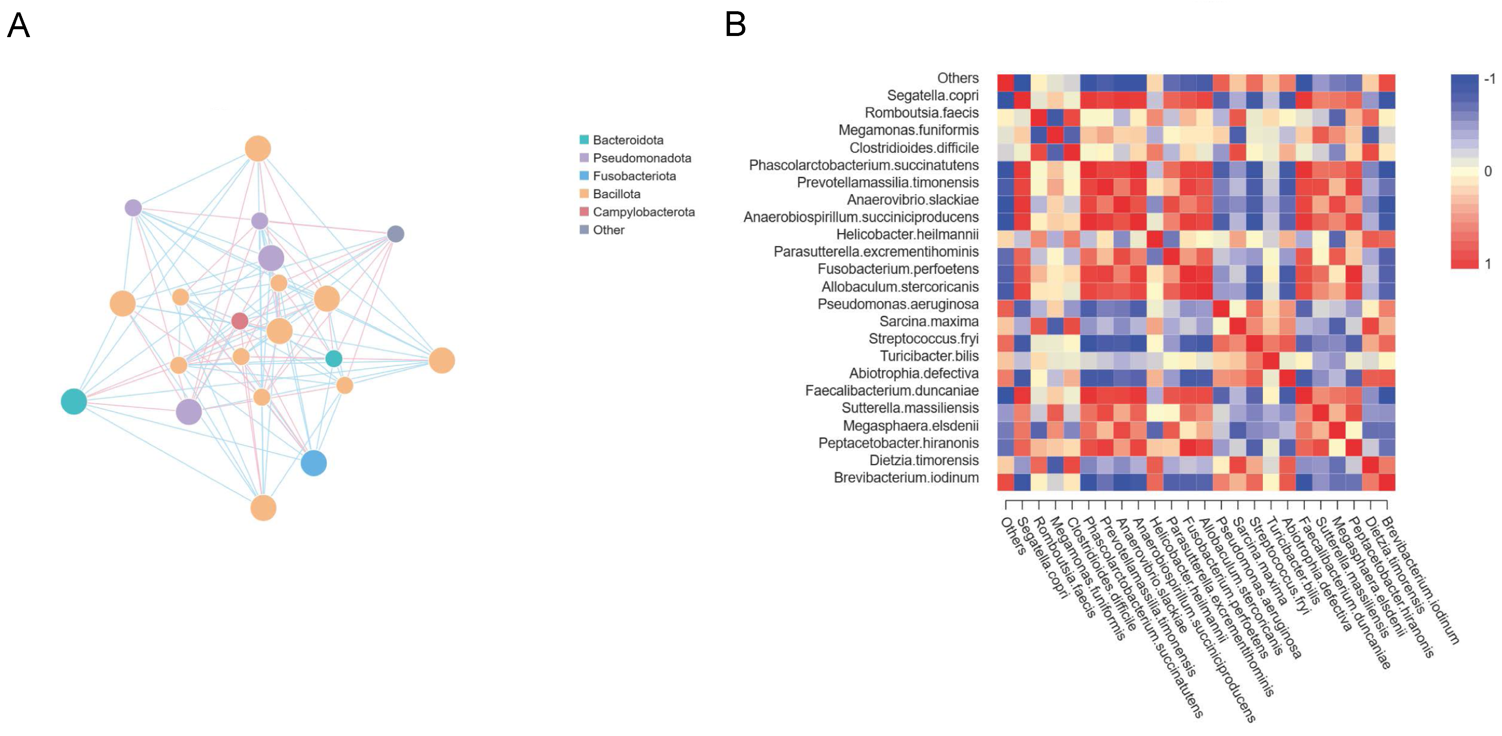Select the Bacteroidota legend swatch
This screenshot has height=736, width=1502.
click(583, 140)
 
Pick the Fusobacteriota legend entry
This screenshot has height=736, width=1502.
click(634, 176)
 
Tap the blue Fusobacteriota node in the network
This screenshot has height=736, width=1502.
click(314, 463)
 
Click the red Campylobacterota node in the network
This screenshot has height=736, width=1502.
click(239, 321)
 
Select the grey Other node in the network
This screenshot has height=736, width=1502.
click(396, 234)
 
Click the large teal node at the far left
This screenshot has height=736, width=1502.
click(74, 401)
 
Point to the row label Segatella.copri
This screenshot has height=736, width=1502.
click(932, 96)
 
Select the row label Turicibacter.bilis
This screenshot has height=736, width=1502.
click(929, 356)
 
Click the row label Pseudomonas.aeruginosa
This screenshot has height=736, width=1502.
click(898, 304)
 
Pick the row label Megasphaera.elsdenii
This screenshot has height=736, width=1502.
click(910, 426)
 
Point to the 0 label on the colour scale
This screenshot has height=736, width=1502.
click(1487, 171)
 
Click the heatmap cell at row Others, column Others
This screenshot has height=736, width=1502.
click(1005, 83)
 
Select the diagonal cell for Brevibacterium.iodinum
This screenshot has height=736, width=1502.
click(1387, 482)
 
